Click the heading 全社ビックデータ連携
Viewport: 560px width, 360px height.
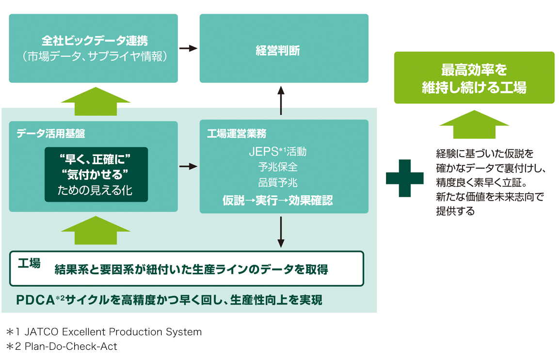click(x=94, y=40)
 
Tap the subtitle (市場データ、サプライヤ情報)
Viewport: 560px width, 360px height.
click(x=94, y=57)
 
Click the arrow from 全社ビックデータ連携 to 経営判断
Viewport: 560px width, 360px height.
click(x=189, y=48)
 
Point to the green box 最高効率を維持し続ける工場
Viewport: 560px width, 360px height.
click(x=474, y=78)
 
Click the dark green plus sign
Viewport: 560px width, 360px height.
click(x=404, y=178)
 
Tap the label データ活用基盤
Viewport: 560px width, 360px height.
click(x=51, y=133)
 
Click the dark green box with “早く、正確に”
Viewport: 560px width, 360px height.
click(x=96, y=174)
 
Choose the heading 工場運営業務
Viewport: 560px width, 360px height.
click(x=236, y=133)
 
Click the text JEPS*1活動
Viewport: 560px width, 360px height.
click(x=277, y=152)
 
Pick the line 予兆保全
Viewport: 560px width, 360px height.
click(x=277, y=167)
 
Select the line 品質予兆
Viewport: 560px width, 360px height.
click(x=277, y=183)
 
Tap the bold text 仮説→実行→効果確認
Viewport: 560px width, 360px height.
click(x=277, y=200)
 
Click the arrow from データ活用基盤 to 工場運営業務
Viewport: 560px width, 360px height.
click(x=189, y=167)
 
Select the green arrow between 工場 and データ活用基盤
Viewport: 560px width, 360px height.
click(x=96, y=231)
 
